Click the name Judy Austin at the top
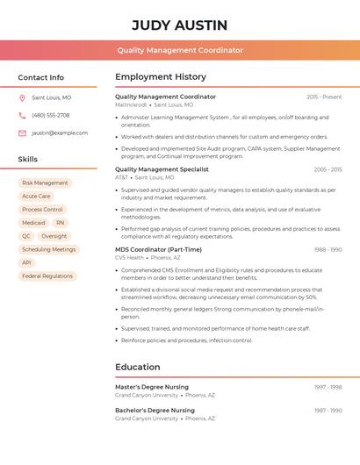(179, 25)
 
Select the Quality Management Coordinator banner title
(179, 50)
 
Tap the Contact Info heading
(41, 77)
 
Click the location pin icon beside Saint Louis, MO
(22, 98)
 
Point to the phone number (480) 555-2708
(51, 116)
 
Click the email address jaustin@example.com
(60, 133)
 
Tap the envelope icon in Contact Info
(22, 133)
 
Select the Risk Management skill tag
(45, 183)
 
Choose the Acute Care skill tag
(36, 197)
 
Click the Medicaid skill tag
(33, 223)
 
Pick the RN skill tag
(60, 223)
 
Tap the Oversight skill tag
(54, 236)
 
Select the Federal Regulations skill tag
(47, 275)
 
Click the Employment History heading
(161, 77)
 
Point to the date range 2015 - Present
(324, 97)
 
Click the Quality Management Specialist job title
(162, 169)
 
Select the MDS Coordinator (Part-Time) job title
(158, 249)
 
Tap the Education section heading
(138, 367)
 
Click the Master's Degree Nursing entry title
(152, 387)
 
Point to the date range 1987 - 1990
(328, 411)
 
